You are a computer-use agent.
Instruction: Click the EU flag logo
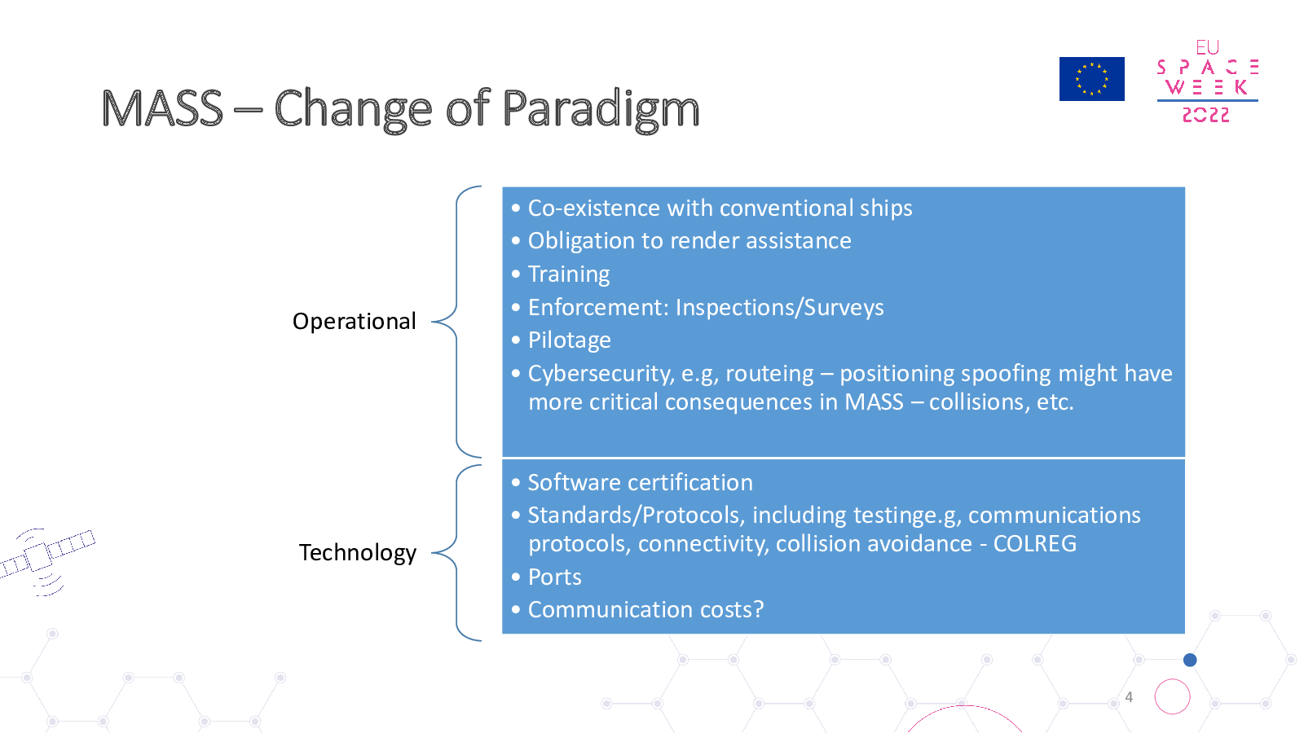tap(1091, 79)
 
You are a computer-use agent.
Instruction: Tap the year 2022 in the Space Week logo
tap(1205, 115)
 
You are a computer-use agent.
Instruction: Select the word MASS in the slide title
tap(162, 108)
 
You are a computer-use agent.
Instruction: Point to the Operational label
tap(354, 322)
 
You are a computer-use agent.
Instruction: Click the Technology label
tap(358, 553)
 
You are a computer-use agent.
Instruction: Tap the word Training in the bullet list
tap(569, 274)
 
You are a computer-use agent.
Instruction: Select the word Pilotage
tap(570, 340)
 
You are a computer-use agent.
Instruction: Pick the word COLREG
tap(1034, 544)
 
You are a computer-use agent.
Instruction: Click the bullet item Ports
tap(554, 577)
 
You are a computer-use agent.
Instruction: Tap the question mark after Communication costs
tap(758, 610)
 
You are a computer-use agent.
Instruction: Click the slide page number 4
tap(1129, 697)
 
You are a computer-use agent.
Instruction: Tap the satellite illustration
tap(46, 560)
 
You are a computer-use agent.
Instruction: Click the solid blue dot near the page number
tap(1190, 660)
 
